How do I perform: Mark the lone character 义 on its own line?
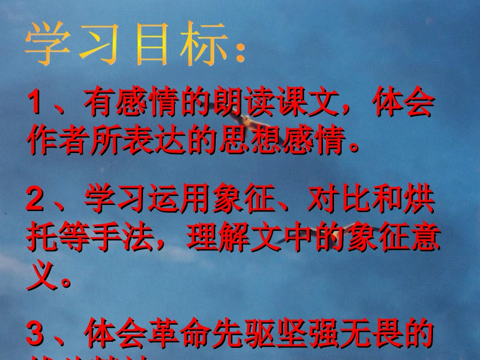[41, 276]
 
